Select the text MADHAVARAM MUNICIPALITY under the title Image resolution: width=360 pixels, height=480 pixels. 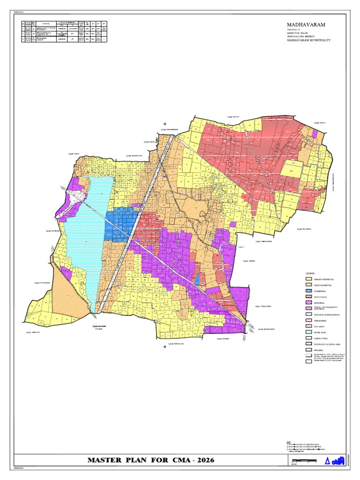[x=307, y=40]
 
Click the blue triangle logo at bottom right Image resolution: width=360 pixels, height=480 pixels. [x=327, y=461]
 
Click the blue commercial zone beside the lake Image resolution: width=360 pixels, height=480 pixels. [x=121, y=224]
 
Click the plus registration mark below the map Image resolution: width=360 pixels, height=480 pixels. [x=165, y=347]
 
